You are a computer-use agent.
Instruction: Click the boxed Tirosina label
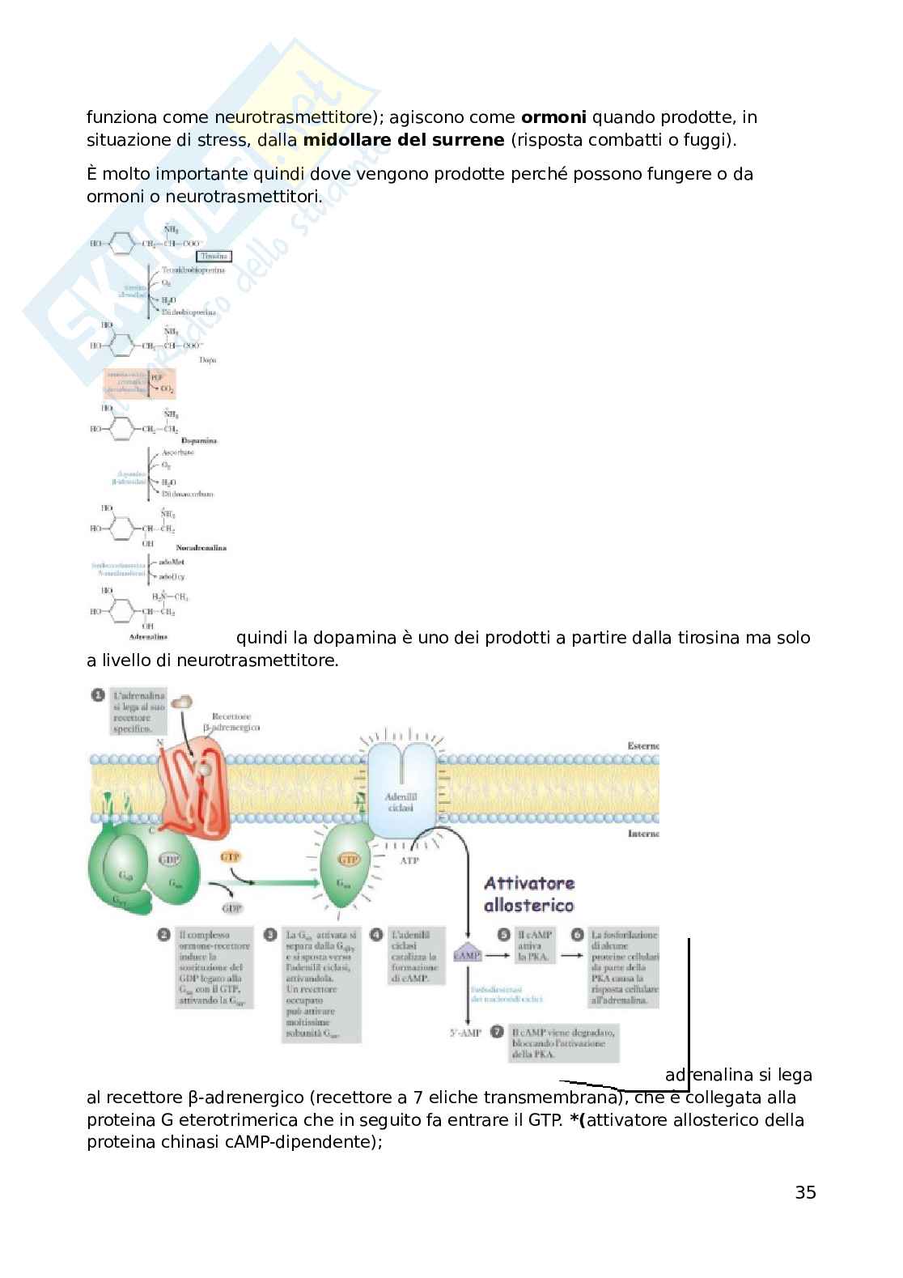coord(214,256)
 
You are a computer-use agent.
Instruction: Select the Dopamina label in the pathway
coord(199,441)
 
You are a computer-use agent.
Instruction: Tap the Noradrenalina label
coord(201,548)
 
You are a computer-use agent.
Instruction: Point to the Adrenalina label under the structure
coord(148,637)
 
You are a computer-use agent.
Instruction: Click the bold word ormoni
coord(553,117)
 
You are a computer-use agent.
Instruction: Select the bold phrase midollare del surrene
coord(404,140)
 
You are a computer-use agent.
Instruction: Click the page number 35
coord(805,1192)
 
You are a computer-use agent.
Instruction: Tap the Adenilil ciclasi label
coord(401,802)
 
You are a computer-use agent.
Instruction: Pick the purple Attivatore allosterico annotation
coord(529,894)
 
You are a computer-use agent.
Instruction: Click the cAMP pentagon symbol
coord(468,955)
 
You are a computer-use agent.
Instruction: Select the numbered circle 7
coord(498,1032)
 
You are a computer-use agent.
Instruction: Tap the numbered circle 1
coord(98,695)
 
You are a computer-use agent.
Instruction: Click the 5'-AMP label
coord(465,1033)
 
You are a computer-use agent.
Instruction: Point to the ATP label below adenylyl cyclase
coord(409,860)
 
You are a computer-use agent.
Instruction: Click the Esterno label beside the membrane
coord(643,745)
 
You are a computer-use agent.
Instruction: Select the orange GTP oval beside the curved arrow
coord(231,856)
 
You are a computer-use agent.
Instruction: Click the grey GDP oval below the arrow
coord(232,908)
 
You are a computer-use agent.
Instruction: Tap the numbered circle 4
coord(376,935)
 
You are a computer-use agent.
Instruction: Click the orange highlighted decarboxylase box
coord(138,382)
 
